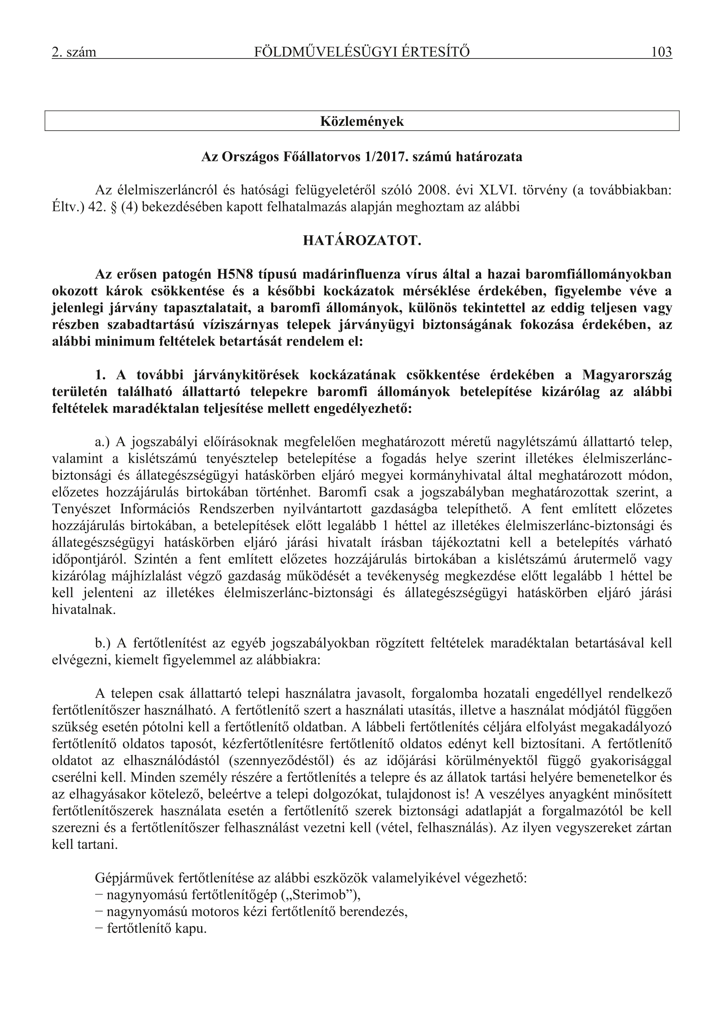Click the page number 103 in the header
(x=661, y=53)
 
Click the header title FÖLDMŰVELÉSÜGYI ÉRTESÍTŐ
(x=362, y=53)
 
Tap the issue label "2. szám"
(x=74, y=53)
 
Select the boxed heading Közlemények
(x=362, y=121)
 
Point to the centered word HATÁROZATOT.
(x=362, y=241)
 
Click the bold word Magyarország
(x=627, y=375)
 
